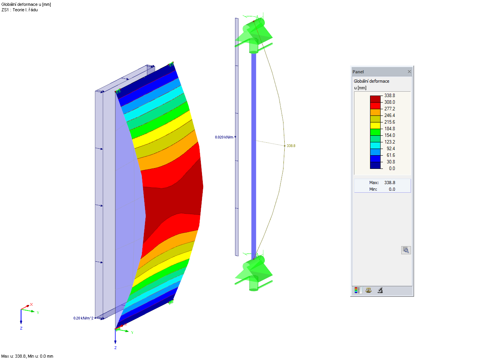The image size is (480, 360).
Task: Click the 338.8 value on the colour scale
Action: tap(390, 96)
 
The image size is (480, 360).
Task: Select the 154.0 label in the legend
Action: tap(390, 135)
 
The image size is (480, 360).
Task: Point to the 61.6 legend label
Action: tap(391, 155)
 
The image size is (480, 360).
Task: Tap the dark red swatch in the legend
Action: tap(375, 99)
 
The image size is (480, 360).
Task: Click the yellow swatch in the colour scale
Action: tap(375, 126)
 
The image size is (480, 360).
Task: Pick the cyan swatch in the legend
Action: tap(375, 145)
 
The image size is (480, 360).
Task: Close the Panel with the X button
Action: tap(409, 71)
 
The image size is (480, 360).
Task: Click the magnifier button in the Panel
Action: tap(406, 250)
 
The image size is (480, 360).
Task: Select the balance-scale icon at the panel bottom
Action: tap(368, 290)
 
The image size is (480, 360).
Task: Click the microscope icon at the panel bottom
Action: tap(380, 290)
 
